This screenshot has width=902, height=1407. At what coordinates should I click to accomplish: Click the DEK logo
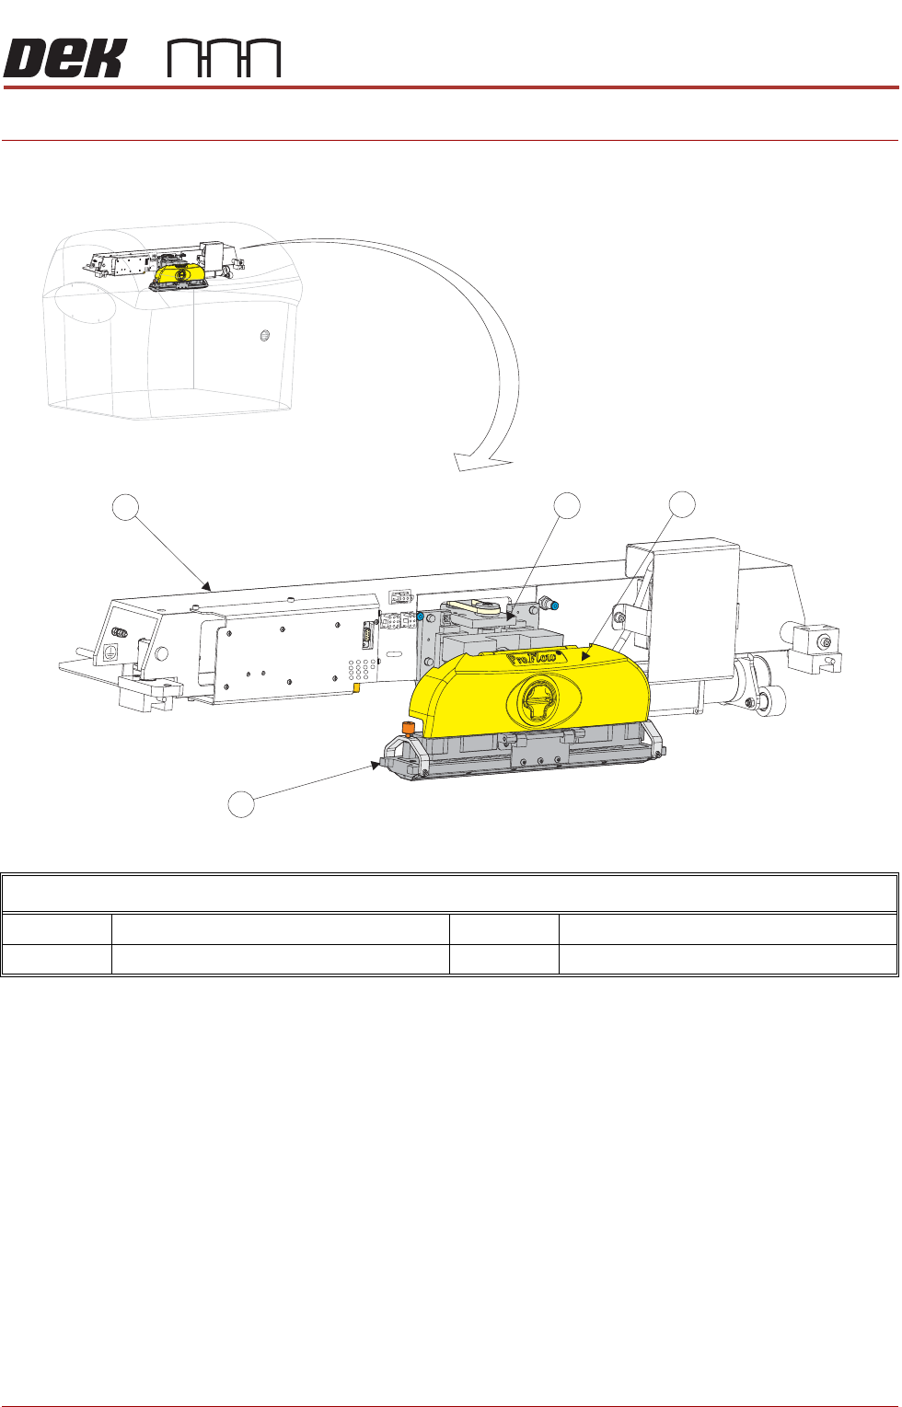click(x=64, y=58)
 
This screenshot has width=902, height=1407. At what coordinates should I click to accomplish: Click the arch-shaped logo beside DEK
click(x=225, y=59)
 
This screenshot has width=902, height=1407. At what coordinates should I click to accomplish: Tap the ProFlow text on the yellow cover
click(x=531, y=658)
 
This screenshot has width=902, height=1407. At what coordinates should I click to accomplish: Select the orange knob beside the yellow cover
click(x=409, y=729)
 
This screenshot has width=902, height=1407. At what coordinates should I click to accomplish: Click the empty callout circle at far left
click(x=125, y=507)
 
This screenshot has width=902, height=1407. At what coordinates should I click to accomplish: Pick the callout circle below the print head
click(x=241, y=804)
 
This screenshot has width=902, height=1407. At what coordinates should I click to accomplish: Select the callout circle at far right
click(x=682, y=505)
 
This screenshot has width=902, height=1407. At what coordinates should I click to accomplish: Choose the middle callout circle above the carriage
click(x=567, y=505)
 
